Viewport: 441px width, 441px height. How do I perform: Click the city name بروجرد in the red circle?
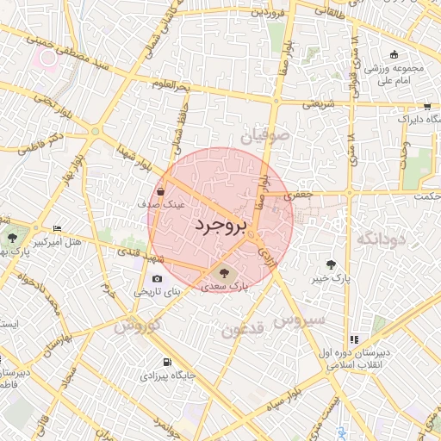(220, 224)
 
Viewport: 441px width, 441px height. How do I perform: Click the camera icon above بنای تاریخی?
(157, 278)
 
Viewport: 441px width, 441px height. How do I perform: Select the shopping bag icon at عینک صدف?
(161, 191)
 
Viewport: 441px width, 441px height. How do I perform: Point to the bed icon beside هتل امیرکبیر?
(58, 228)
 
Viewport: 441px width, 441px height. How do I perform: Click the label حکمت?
(425, 196)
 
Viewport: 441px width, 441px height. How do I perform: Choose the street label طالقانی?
(331, 11)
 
